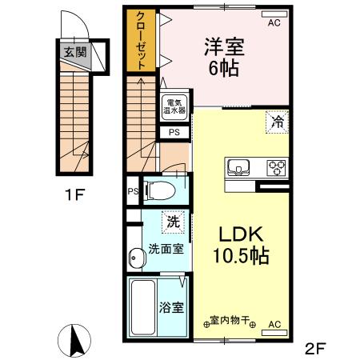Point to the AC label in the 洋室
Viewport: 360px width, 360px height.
point(274,24)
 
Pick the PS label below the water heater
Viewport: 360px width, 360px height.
point(174,132)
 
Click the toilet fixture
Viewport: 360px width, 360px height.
point(160,190)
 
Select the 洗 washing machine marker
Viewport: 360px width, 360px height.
point(171,220)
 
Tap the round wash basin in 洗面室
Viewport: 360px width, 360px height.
point(135,257)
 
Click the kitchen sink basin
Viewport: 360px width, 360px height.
point(239,168)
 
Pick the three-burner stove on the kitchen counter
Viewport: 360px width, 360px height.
point(277,168)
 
